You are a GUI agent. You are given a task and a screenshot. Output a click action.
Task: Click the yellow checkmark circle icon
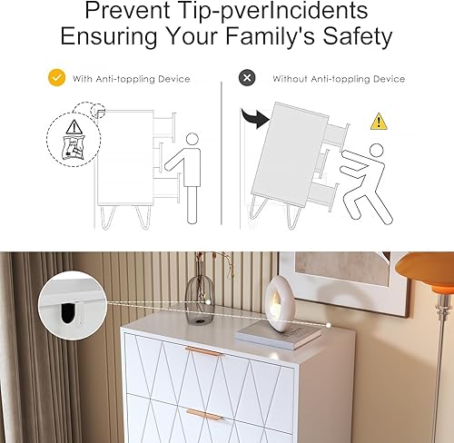tap(56, 78)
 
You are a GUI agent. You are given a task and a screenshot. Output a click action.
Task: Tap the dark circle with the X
tap(247, 78)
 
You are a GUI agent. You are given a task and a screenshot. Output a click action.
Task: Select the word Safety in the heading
tap(357, 36)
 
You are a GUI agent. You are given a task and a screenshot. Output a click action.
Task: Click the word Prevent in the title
tap(127, 11)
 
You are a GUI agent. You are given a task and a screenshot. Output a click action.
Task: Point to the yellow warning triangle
tap(379, 122)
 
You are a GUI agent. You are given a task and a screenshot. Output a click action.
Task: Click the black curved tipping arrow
tap(255, 118)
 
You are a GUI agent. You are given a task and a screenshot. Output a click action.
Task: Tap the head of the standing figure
tap(192, 140)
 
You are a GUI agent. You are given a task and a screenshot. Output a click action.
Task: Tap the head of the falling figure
tap(376, 151)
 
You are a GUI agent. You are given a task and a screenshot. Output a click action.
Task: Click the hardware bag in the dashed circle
tap(73, 148)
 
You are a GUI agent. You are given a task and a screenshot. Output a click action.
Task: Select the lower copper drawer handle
tap(202, 414)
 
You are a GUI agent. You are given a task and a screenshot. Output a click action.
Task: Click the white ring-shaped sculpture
tap(280, 301)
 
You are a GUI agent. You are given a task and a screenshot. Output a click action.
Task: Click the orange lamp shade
tap(425, 272)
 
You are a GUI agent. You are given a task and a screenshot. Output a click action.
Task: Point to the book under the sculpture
tap(278, 335)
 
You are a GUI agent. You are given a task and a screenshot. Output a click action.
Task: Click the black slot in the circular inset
tap(67, 312)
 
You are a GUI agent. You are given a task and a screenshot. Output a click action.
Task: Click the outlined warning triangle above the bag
tap(74, 127)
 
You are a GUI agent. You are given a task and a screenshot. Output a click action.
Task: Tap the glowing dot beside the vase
tap(208, 302)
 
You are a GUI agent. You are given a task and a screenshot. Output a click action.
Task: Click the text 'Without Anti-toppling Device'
tap(339, 79)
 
